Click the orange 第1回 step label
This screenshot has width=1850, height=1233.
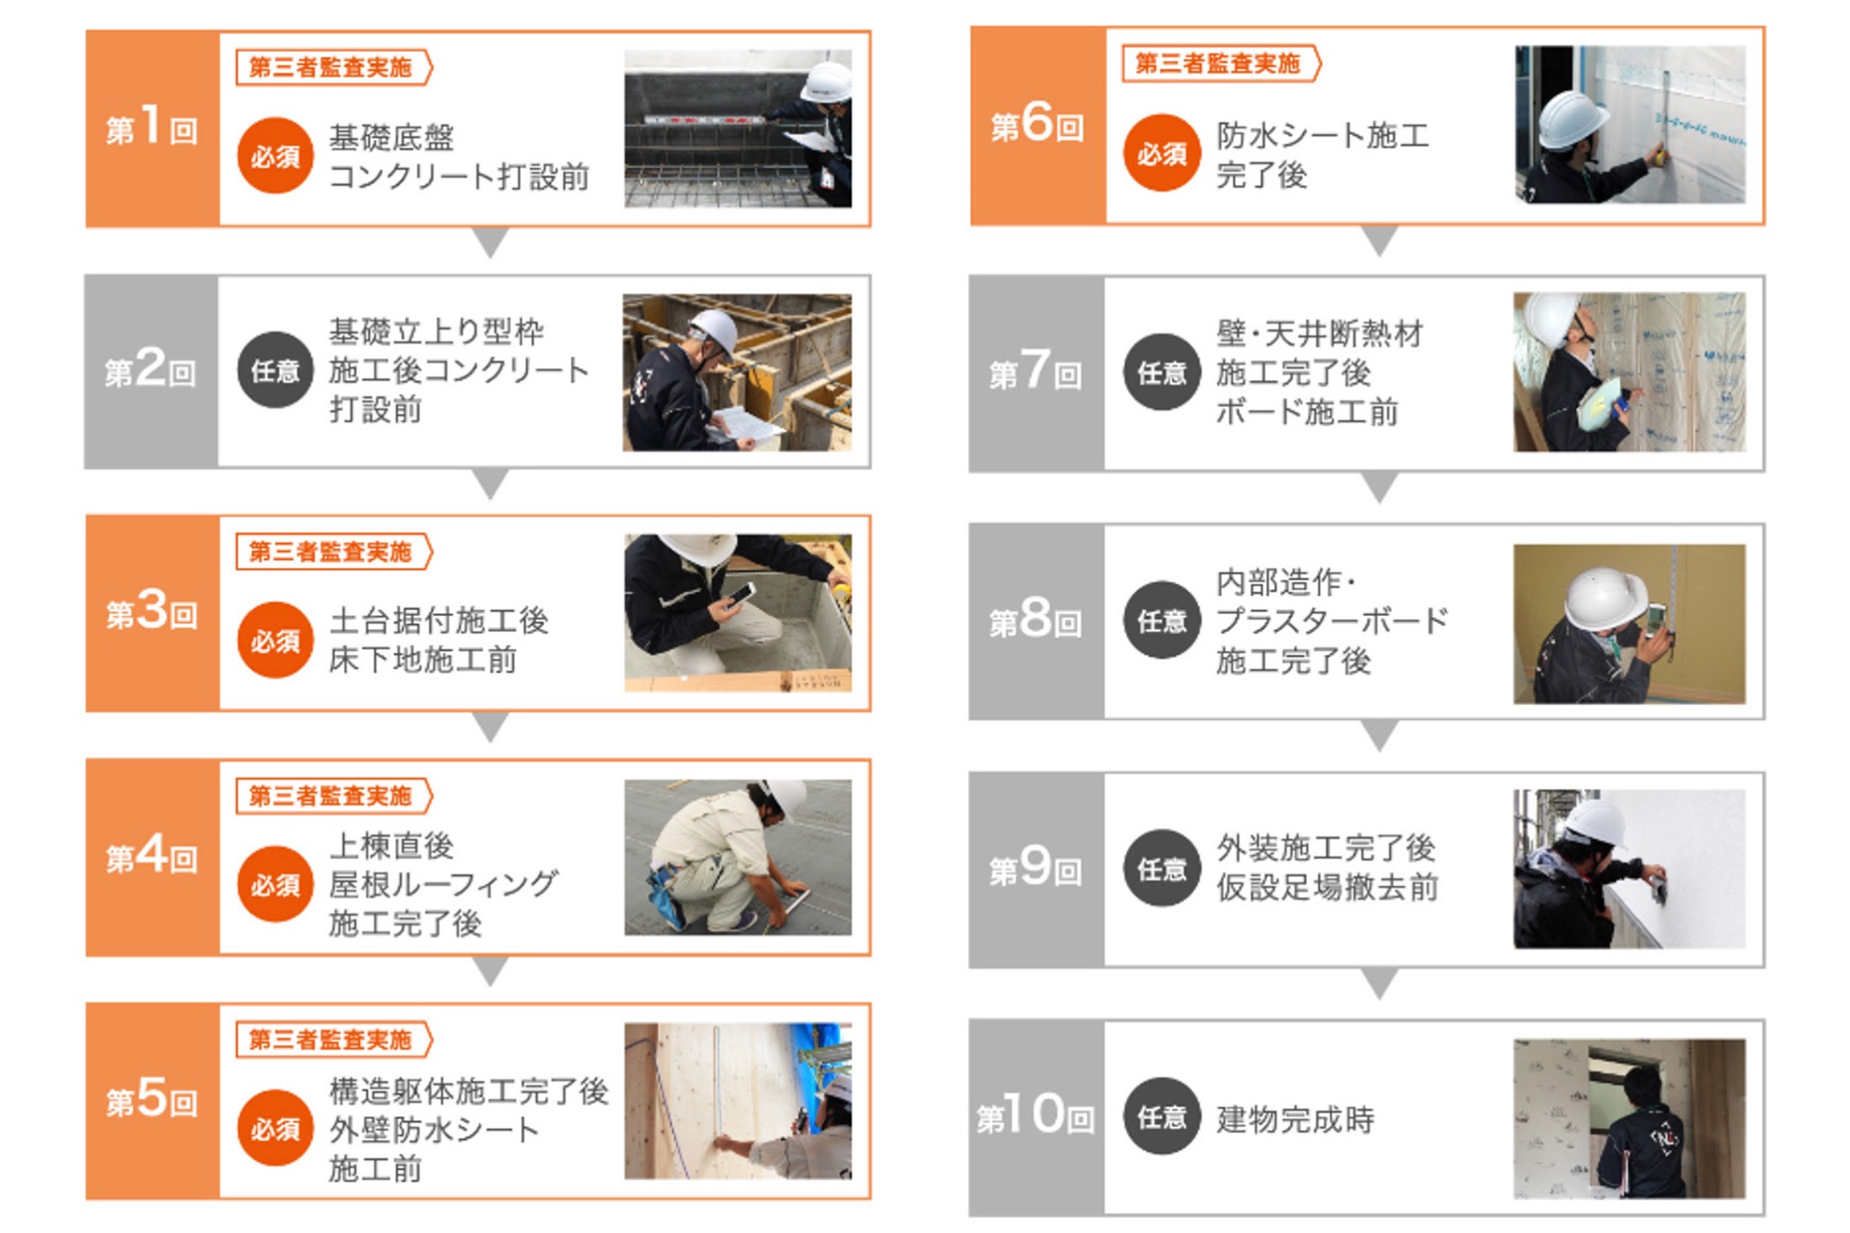click(152, 129)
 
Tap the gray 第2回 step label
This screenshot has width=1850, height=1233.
click(151, 371)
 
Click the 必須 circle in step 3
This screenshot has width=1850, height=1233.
click(275, 640)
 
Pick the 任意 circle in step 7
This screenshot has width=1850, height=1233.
click(1162, 372)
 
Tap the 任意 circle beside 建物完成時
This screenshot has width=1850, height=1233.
click(1162, 1116)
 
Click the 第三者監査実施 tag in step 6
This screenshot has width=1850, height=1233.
click(1221, 63)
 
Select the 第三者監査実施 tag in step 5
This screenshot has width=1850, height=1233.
click(334, 1040)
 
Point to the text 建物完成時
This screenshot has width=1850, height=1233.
click(1295, 1119)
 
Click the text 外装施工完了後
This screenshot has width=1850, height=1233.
click(1326, 847)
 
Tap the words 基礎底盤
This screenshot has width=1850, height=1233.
click(391, 138)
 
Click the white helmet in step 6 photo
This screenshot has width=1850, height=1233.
click(1572, 117)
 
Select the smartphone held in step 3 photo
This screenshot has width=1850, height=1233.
click(741, 595)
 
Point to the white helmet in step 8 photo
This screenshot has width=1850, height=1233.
click(1605, 598)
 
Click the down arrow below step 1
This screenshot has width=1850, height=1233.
click(490, 241)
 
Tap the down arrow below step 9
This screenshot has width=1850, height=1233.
click(1379, 983)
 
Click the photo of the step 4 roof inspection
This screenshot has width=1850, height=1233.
click(737, 857)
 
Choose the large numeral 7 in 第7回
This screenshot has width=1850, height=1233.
click(1035, 368)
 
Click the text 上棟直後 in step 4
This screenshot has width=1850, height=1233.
click(391, 845)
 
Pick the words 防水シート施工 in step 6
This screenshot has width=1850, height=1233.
click(1323, 136)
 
